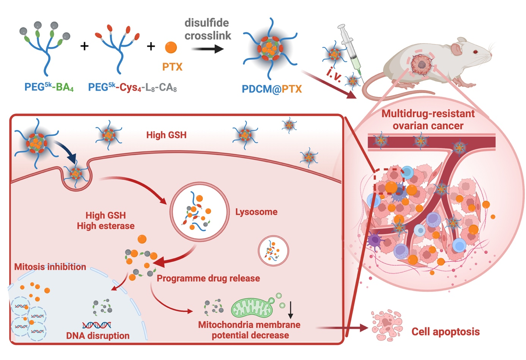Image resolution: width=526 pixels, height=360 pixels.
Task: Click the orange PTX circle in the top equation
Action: (171, 47)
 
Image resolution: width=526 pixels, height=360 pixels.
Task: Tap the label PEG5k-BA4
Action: (49, 87)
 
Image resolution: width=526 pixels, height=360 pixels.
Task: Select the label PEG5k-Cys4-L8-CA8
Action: (132, 88)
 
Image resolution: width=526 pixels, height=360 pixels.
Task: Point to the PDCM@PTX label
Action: (272, 89)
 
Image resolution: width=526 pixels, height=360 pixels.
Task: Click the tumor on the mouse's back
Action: (421, 64)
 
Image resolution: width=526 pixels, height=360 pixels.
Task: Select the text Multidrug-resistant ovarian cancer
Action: (428, 119)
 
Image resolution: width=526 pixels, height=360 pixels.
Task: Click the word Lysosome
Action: (256, 212)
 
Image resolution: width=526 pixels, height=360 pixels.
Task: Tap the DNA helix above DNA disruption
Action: (97, 325)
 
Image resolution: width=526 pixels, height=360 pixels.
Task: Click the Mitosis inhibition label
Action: (50, 267)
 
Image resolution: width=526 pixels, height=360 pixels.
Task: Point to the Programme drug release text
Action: (208, 278)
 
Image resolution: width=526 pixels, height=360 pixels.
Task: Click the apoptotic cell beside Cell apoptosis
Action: (387, 325)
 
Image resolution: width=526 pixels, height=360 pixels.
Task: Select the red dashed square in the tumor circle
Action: (389, 181)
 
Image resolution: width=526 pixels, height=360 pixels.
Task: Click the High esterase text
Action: (106, 226)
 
